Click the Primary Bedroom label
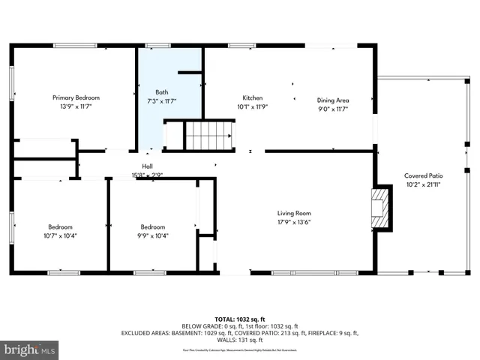coord(76,97)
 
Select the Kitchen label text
coord(252,98)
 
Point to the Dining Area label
coord(333,100)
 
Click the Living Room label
coord(294,213)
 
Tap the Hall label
coord(148,166)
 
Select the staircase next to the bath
coord(209,136)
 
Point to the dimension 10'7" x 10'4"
coord(61,236)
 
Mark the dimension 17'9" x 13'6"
coord(294,223)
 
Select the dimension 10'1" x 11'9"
coord(252,108)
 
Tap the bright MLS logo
coord(30,349)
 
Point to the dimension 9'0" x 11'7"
coord(333,109)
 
